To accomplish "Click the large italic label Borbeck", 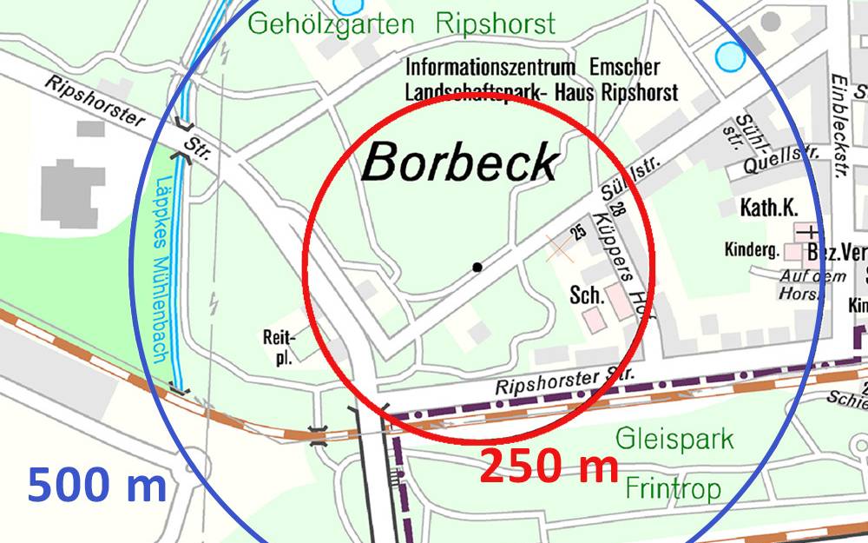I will click(x=459, y=162).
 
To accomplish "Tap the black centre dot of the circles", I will click(x=477, y=267).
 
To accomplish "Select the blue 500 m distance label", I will click(x=96, y=485).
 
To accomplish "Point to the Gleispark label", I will click(x=674, y=438).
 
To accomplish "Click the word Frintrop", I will click(x=673, y=489).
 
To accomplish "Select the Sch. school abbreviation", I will click(x=587, y=295).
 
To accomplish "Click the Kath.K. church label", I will click(x=768, y=209).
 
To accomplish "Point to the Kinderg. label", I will click(x=752, y=250).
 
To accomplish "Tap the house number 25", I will click(x=577, y=231).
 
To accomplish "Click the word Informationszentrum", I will click(x=490, y=68).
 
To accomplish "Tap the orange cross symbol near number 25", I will click(x=560, y=248).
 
